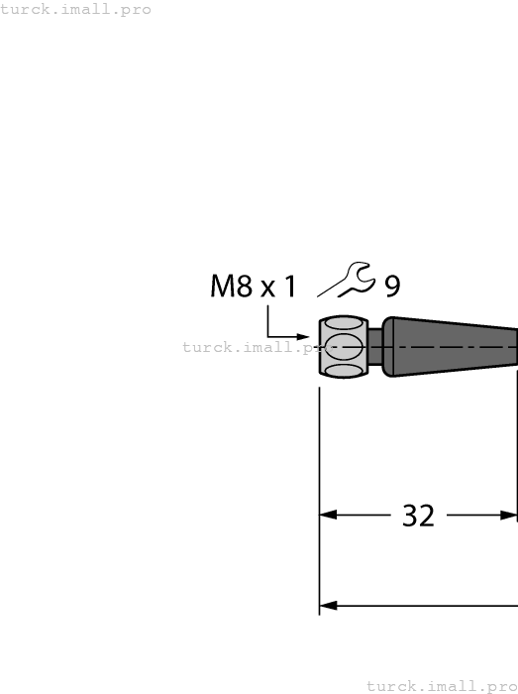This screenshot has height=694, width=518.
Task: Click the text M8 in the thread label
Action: click(232, 288)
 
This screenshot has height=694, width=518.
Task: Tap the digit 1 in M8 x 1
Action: click(290, 288)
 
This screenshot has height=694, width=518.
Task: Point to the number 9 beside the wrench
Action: click(392, 288)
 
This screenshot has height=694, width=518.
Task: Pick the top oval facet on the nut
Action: click(343, 324)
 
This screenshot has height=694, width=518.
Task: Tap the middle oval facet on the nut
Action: click(343, 347)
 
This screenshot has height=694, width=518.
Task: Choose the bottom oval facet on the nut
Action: click(343, 371)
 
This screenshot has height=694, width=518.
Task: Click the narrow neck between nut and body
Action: click(375, 347)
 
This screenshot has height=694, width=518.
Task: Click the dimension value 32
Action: click(418, 516)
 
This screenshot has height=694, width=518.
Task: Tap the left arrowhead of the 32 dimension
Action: click(328, 516)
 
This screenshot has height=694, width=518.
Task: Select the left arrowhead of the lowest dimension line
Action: click(328, 605)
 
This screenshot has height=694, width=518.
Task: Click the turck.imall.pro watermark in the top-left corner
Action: click(76, 10)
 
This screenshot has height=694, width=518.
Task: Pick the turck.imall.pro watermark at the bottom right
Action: click(442, 685)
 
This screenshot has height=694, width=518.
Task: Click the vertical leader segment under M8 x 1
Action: click(267, 322)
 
